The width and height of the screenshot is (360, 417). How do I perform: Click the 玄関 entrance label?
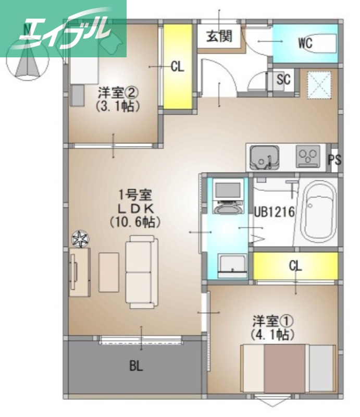point(218,36)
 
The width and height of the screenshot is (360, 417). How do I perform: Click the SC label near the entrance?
point(283,80)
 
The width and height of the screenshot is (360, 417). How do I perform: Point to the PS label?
point(334,160)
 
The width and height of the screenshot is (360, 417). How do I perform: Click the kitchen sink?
point(263,156)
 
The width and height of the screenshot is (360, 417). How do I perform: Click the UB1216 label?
point(274,212)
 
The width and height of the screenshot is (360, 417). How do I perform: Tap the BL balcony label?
point(136,366)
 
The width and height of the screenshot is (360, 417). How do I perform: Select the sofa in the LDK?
point(141,271)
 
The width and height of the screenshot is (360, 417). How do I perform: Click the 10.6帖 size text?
point(135,221)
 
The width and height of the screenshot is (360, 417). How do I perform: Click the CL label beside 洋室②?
point(178,67)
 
